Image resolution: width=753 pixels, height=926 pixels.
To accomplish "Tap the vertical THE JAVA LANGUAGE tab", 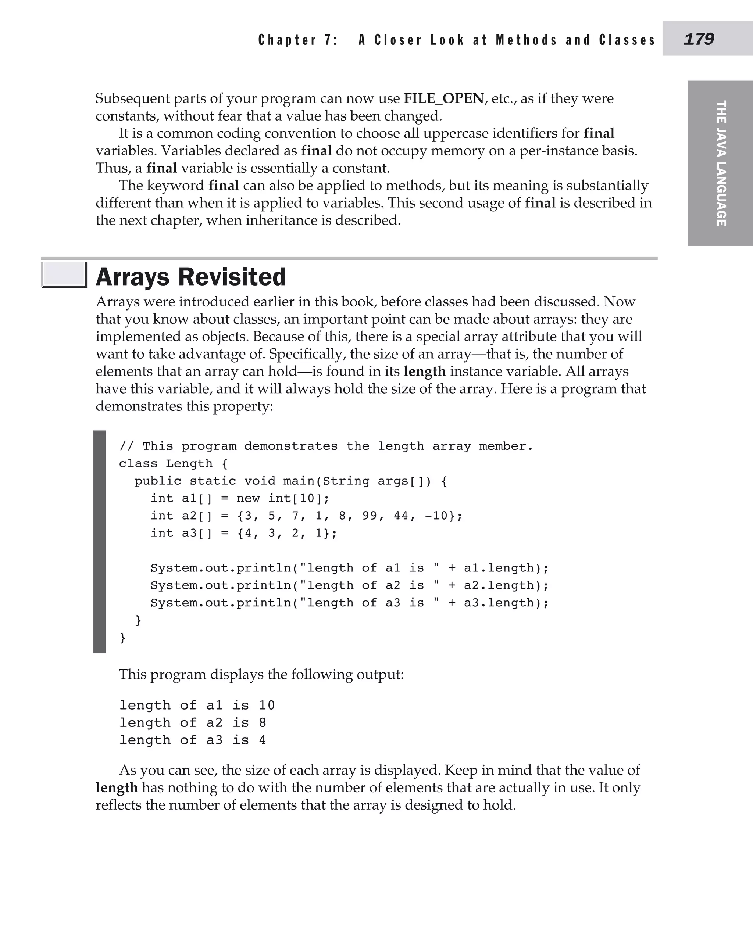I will pos(721,164).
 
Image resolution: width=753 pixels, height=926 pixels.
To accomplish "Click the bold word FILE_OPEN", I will pos(443,98).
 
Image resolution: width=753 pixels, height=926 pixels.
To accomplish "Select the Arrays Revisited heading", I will pos(191,277).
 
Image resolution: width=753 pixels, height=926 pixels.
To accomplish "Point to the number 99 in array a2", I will pos(370,516).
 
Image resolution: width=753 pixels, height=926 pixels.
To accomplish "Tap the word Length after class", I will pos(189,463).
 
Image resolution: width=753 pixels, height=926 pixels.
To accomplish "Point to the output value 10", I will pos(267,705).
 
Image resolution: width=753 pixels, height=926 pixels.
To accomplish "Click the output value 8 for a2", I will pos(263,723).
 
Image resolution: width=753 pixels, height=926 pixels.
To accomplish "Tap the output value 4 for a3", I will pos(263,740).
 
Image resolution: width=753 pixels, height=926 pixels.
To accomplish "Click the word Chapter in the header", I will pos(287,40).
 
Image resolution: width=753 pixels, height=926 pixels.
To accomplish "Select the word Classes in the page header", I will pos(627,40).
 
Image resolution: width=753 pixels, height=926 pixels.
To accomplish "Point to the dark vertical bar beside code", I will pos(99,542).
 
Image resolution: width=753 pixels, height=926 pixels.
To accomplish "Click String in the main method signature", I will pos(346,481).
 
